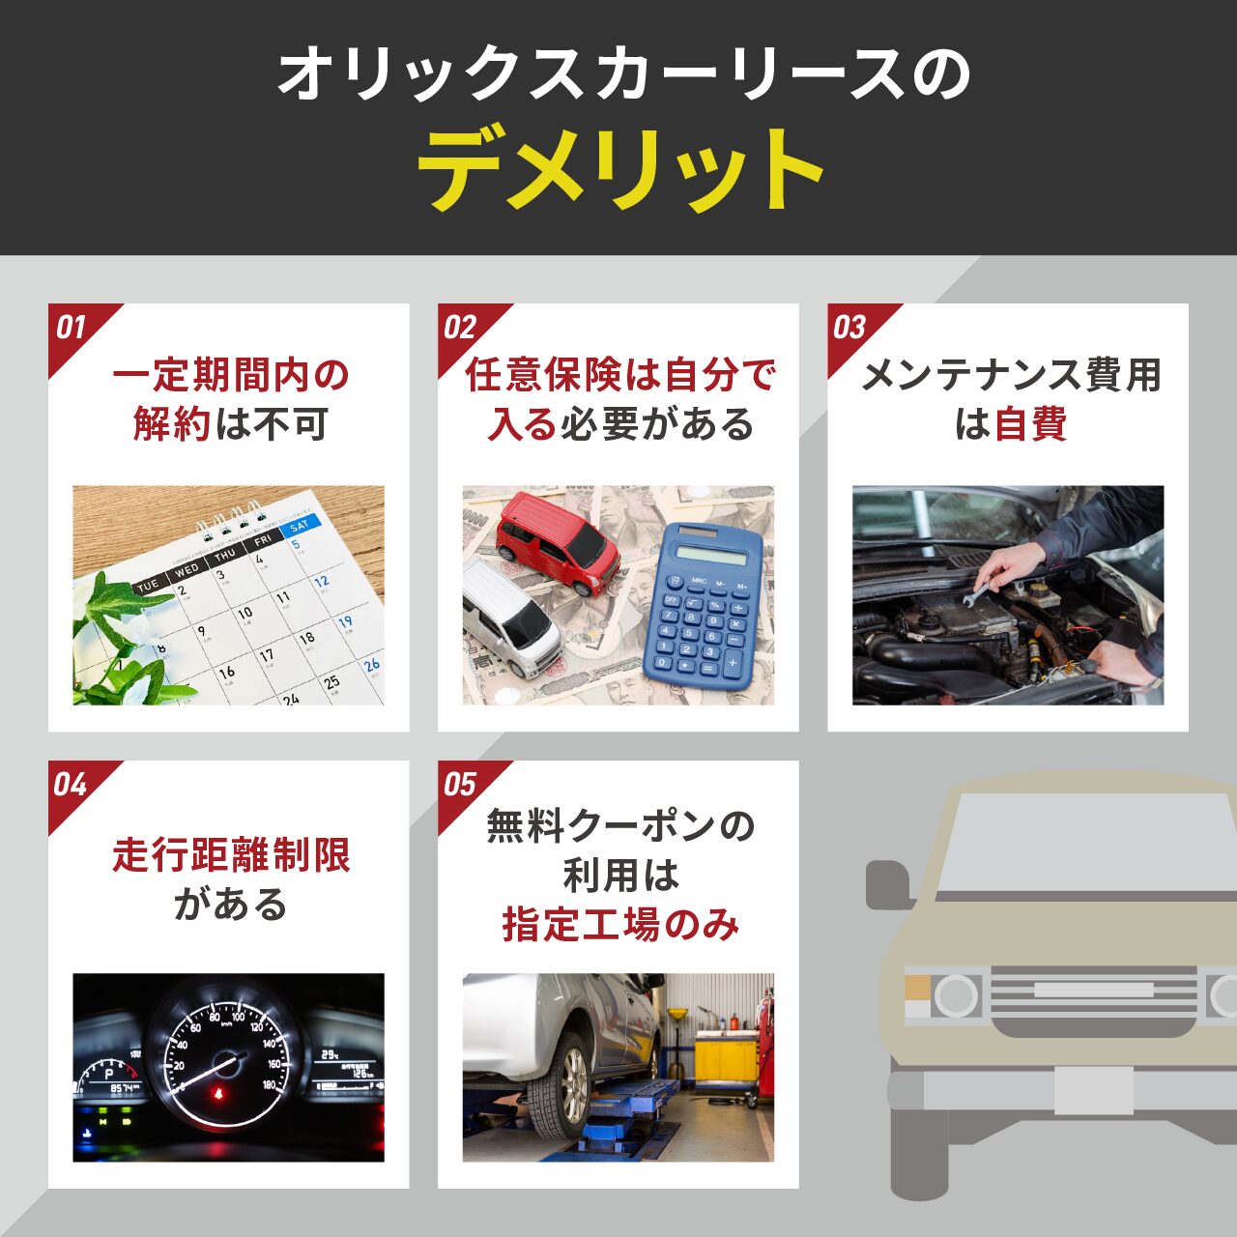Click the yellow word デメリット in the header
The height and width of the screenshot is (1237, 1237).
(619, 169)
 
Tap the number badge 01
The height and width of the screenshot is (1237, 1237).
(71, 328)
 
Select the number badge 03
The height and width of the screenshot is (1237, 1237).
(849, 328)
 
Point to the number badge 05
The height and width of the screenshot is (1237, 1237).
(460, 785)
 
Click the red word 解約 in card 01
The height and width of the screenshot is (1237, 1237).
(171, 424)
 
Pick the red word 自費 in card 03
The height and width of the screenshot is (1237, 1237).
(1029, 424)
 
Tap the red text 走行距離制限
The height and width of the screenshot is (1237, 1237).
(231, 855)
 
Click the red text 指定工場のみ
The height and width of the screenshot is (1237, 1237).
(620, 925)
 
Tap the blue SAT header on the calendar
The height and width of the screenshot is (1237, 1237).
(299, 526)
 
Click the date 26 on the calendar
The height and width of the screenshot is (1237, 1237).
(372, 666)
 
